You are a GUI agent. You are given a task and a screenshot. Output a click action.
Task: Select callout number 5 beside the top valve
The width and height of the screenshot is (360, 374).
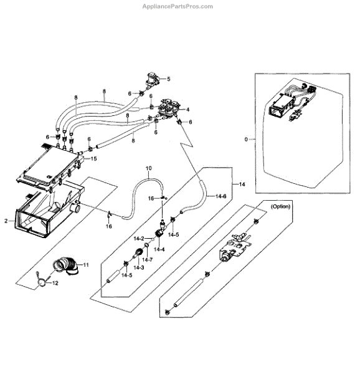168,79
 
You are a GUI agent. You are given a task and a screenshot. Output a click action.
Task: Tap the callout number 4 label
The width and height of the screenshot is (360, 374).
187,110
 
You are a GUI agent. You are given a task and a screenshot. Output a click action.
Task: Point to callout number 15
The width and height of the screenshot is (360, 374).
94,160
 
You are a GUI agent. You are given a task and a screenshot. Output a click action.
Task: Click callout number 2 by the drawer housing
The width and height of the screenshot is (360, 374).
6,221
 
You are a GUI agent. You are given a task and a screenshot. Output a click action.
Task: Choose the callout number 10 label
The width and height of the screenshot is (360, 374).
148,169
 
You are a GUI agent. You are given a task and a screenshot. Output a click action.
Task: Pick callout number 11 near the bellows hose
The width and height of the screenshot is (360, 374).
86,265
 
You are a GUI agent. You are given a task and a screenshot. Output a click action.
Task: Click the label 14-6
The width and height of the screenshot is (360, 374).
221,196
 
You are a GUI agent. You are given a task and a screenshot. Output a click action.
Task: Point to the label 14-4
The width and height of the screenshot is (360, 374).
159,249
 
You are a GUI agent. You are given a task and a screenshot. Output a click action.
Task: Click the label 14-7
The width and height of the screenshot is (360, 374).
148,259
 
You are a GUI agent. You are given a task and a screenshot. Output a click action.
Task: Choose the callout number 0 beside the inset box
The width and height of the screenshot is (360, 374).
246,138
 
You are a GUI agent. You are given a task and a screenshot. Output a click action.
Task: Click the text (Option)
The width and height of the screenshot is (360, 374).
282,206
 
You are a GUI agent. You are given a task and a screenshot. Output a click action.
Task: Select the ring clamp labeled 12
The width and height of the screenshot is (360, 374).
43,282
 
